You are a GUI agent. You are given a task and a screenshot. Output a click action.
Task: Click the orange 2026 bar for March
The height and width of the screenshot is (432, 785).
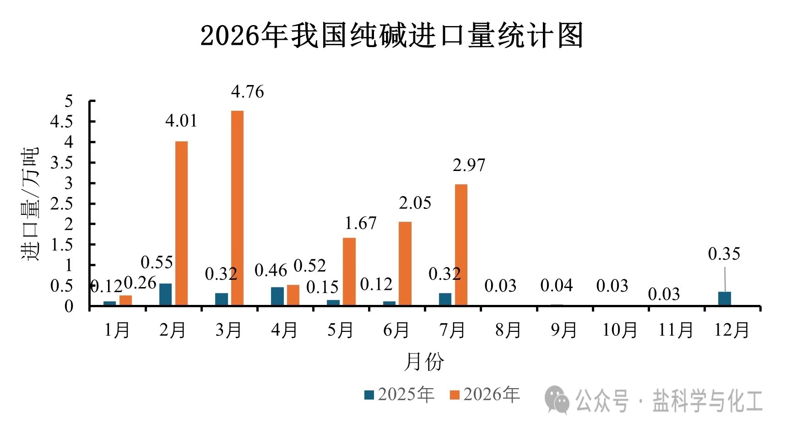click(x=237, y=208)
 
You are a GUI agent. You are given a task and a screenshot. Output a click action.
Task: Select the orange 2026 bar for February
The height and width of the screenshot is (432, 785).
click(x=181, y=223)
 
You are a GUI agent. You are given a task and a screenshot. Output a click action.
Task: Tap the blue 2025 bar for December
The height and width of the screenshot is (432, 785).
click(x=724, y=299)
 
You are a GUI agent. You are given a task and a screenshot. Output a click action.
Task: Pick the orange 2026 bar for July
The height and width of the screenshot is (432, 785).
click(x=461, y=245)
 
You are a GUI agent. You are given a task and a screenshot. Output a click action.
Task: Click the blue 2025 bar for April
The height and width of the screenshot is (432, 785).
click(x=277, y=296)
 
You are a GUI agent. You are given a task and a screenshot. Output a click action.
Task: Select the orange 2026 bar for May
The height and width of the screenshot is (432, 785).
click(x=349, y=272)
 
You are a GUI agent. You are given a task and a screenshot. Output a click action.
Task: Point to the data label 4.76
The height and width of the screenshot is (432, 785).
click(x=248, y=92)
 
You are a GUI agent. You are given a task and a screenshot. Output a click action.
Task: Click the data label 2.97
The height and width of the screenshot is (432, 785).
click(x=469, y=165)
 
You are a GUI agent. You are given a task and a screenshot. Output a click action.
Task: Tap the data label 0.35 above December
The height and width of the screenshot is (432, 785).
click(x=724, y=254)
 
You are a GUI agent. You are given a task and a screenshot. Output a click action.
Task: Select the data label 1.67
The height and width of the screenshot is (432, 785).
click(x=361, y=223)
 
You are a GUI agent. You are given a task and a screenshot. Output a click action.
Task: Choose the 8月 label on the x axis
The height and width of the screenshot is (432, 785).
click(x=508, y=330)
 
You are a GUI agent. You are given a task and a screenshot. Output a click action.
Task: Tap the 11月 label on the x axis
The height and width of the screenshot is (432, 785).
click(x=676, y=330)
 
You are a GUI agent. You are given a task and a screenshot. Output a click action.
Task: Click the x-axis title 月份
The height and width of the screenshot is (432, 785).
click(x=424, y=362)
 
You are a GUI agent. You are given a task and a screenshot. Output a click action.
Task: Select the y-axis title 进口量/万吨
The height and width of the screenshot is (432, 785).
click(x=30, y=203)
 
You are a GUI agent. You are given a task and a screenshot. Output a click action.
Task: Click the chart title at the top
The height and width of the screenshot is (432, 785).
click(x=392, y=35)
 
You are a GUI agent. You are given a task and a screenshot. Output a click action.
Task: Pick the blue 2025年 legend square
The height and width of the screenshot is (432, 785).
click(x=369, y=395)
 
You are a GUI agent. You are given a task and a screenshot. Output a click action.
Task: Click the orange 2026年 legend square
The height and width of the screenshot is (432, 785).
click(x=455, y=395)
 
